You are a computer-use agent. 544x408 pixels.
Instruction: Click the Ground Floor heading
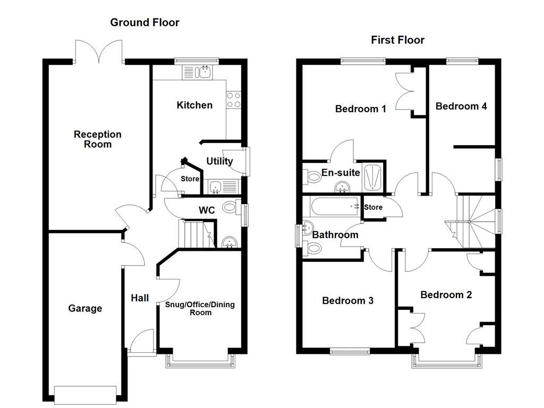pyautogui.click(x=144, y=22)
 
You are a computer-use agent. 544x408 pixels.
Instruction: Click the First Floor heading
pyautogui.click(x=397, y=40)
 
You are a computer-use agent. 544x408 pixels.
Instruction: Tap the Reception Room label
pyautogui.click(x=98, y=139)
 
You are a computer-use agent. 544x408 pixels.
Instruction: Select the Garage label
pyautogui.click(x=85, y=309)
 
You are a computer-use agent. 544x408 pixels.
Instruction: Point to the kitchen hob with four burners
pyautogui.click(x=234, y=100)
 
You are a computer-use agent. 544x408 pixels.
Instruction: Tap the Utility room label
pyautogui.click(x=219, y=161)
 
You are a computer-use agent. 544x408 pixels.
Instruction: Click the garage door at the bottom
pyautogui.click(x=85, y=394)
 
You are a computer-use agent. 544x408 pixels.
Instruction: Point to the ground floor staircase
pyautogui.click(x=195, y=234)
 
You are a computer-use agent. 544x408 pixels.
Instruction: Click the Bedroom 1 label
pyautogui.click(x=361, y=109)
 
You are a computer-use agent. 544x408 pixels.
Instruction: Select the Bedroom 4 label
pyautogui.click(x=461, y=106)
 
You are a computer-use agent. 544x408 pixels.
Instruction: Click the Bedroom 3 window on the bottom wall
pyautogui.click(x=351, y=351)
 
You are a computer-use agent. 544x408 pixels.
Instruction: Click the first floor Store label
pyautogui.click(x=373, y=207)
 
